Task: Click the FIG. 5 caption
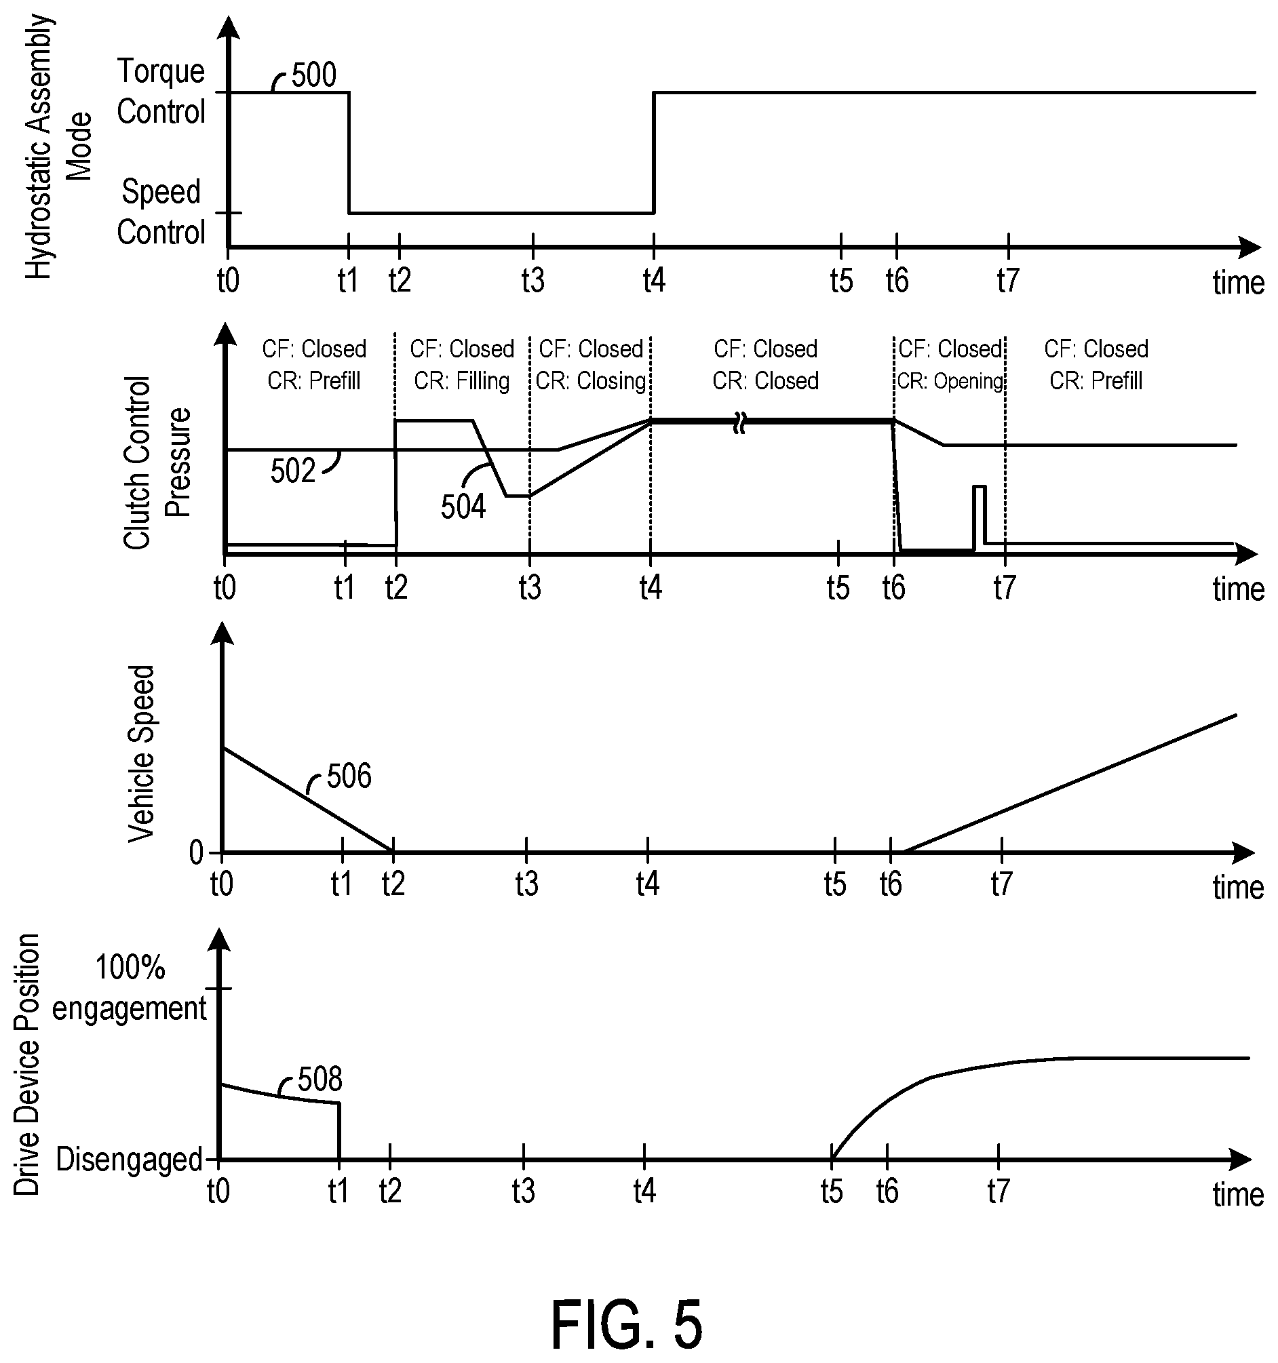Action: coord(626,1324)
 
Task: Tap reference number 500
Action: coord(313,75)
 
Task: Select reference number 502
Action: coord(292,471)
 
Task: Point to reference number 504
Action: coord(463,507)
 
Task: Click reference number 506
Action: coord(349,776)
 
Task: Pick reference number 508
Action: coord(319,1080)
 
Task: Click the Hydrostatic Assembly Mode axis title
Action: coord(59,146)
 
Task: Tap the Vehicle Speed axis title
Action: coord(142,753)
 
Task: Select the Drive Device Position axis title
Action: coord(26,1065)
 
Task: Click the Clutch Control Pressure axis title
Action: coord(157,462)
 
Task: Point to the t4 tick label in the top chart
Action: coord(654,281)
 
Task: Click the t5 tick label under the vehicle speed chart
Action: coord(835,885)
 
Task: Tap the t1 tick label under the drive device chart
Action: coord(338,1191)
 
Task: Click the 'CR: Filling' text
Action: coord(462,380)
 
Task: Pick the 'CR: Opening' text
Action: coord(950,380)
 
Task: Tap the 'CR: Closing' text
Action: coord(591,380)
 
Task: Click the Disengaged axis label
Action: coord(129,1160)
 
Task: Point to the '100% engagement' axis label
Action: coord(129,988)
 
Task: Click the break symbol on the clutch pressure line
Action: coord(739,422)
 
